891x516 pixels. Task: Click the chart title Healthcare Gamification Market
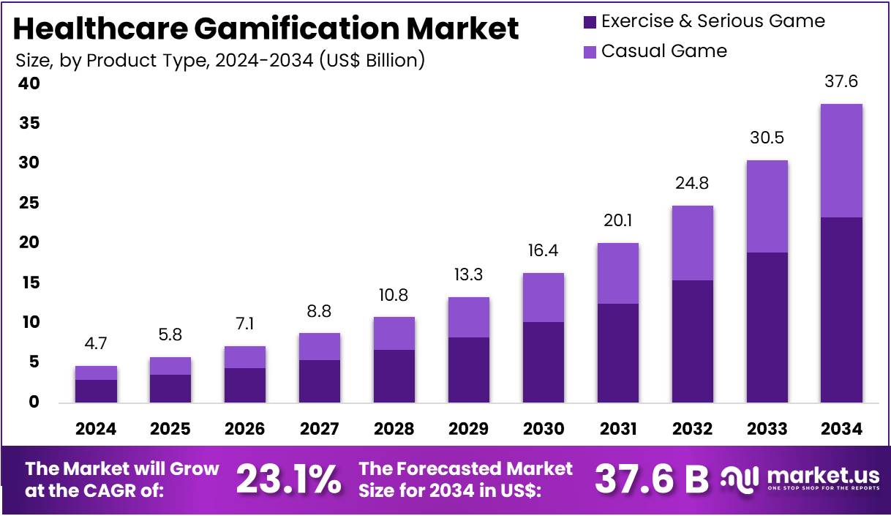[x=266, y=29]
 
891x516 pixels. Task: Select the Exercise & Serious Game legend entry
[x=713, y=21]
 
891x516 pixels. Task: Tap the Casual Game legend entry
[x=663, y=51]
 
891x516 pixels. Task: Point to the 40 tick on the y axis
[x=29, y=84]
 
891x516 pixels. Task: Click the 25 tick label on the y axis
[x=29, y=203]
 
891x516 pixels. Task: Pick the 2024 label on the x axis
[x=96, y=429]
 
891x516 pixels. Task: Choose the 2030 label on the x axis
[x=543, y=429]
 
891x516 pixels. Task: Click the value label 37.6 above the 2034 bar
[x=841, y=82]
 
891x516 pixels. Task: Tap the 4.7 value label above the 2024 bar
[x=96, y=343]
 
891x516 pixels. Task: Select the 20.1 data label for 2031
[x=617, y=220]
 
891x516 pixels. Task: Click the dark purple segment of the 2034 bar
[x=841, y=309]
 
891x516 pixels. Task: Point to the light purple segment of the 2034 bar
[x=841, y=160]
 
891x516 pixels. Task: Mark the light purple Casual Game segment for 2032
[x=692, y=242]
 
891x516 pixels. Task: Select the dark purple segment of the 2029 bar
[x=468, y=370]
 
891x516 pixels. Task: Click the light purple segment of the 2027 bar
[x=320, y=346]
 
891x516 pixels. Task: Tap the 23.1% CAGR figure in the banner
[x=289, y=480]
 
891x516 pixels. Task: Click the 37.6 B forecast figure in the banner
[x=651, y=480]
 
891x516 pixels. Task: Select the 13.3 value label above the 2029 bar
[x=468, y=274]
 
